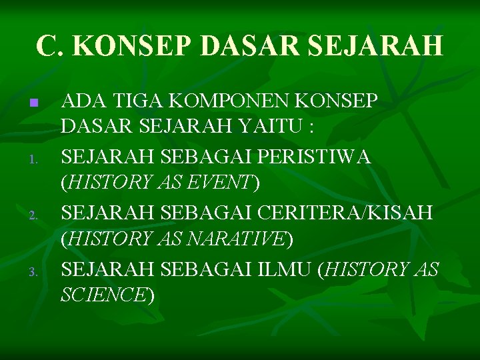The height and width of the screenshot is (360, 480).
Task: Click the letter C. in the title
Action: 50,45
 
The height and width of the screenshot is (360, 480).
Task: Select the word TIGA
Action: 133,101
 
